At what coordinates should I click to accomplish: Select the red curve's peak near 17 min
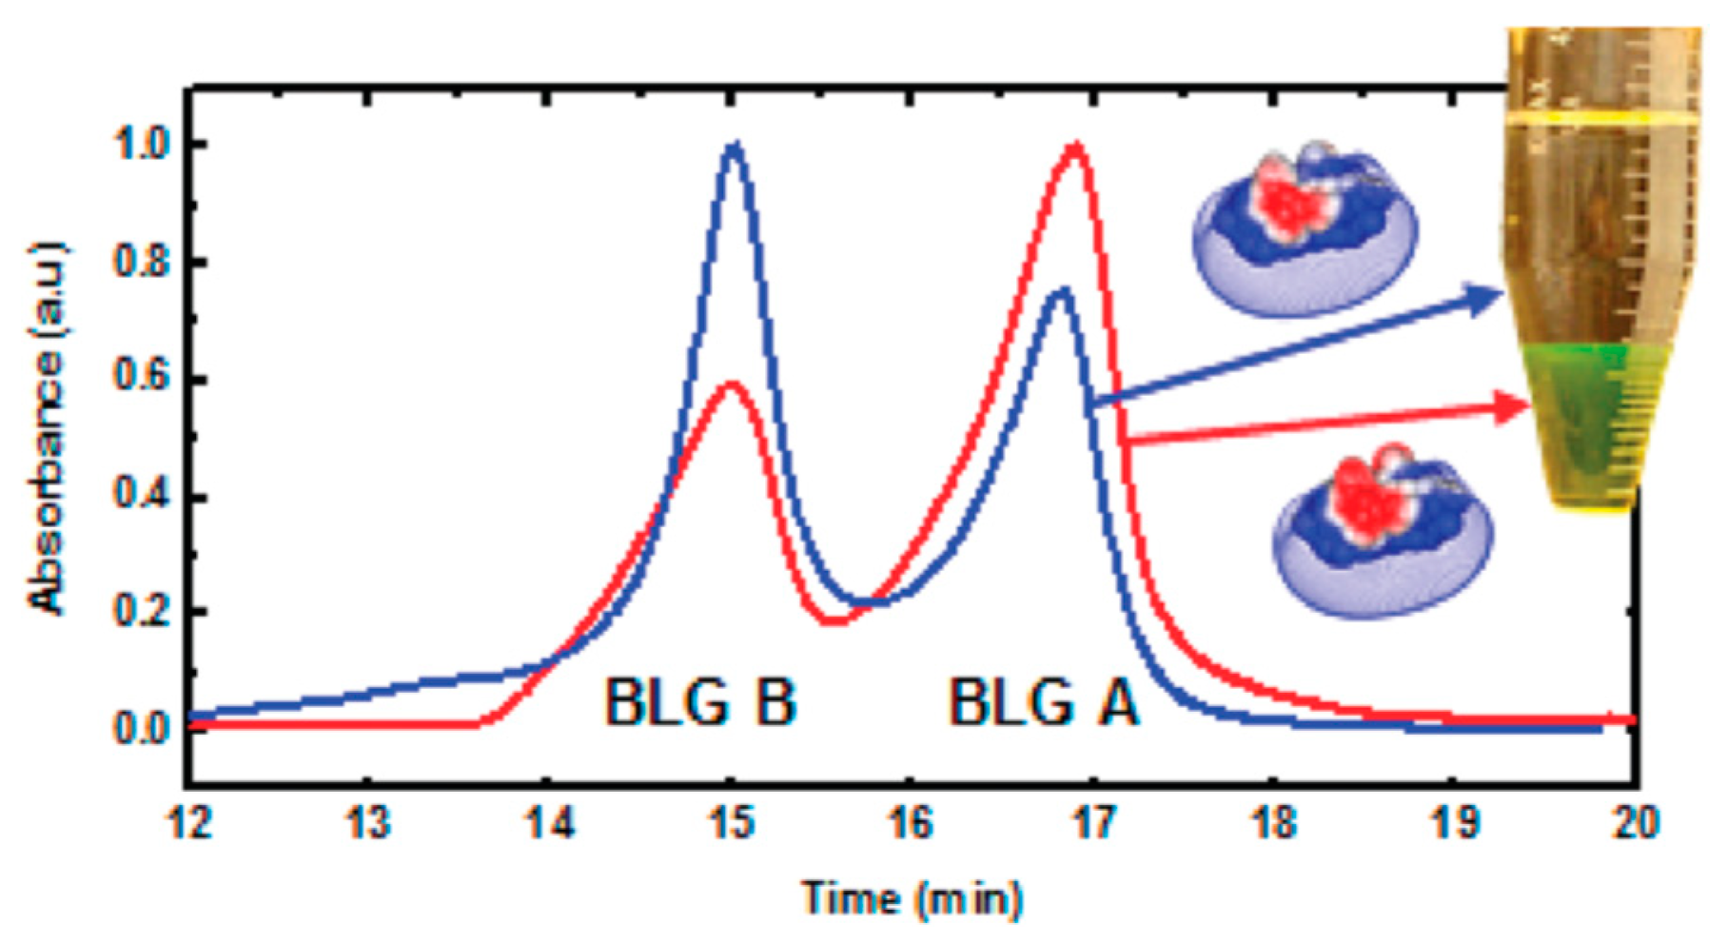tap(1075, 146)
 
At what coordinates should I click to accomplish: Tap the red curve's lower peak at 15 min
tap(731, 384)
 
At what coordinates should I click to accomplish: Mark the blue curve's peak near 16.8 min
tap(1061, 289)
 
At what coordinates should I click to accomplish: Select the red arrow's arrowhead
tap(1513, 407)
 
